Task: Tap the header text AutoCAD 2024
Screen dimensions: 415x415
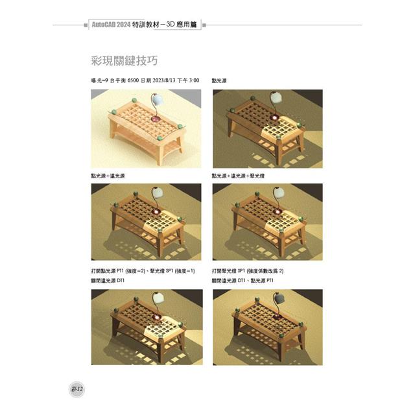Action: click(112, 25)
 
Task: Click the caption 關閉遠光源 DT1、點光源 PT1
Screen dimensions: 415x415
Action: click(243, 280)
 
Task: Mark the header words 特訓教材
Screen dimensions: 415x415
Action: click(148, 25)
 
